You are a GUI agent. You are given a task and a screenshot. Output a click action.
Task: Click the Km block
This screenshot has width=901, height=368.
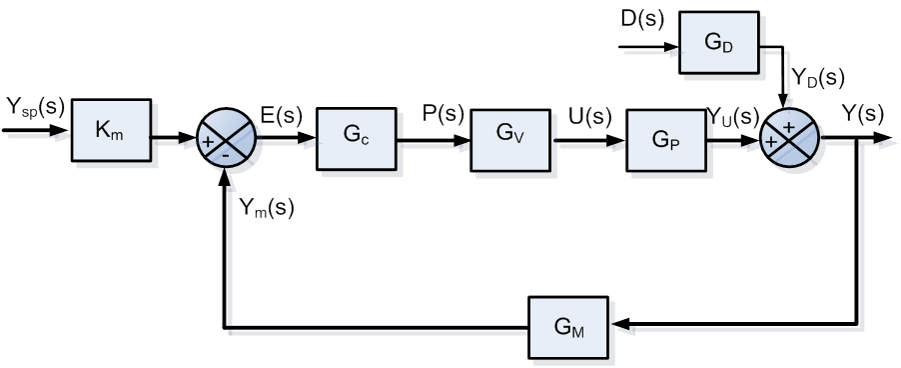[111, 131]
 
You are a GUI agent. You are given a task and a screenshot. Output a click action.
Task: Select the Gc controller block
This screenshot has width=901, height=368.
[356, 139]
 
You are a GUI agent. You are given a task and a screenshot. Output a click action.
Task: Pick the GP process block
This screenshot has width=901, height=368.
[666, 139]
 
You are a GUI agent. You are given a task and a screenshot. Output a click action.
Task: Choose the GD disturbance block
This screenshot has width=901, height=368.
[718, 44]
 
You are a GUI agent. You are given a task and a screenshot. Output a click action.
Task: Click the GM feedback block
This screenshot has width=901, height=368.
[570, 325]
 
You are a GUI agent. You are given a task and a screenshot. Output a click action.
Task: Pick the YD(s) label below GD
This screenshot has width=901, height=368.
[818, 78]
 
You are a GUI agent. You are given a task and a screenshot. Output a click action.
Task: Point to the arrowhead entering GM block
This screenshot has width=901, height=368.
[621, 325]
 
